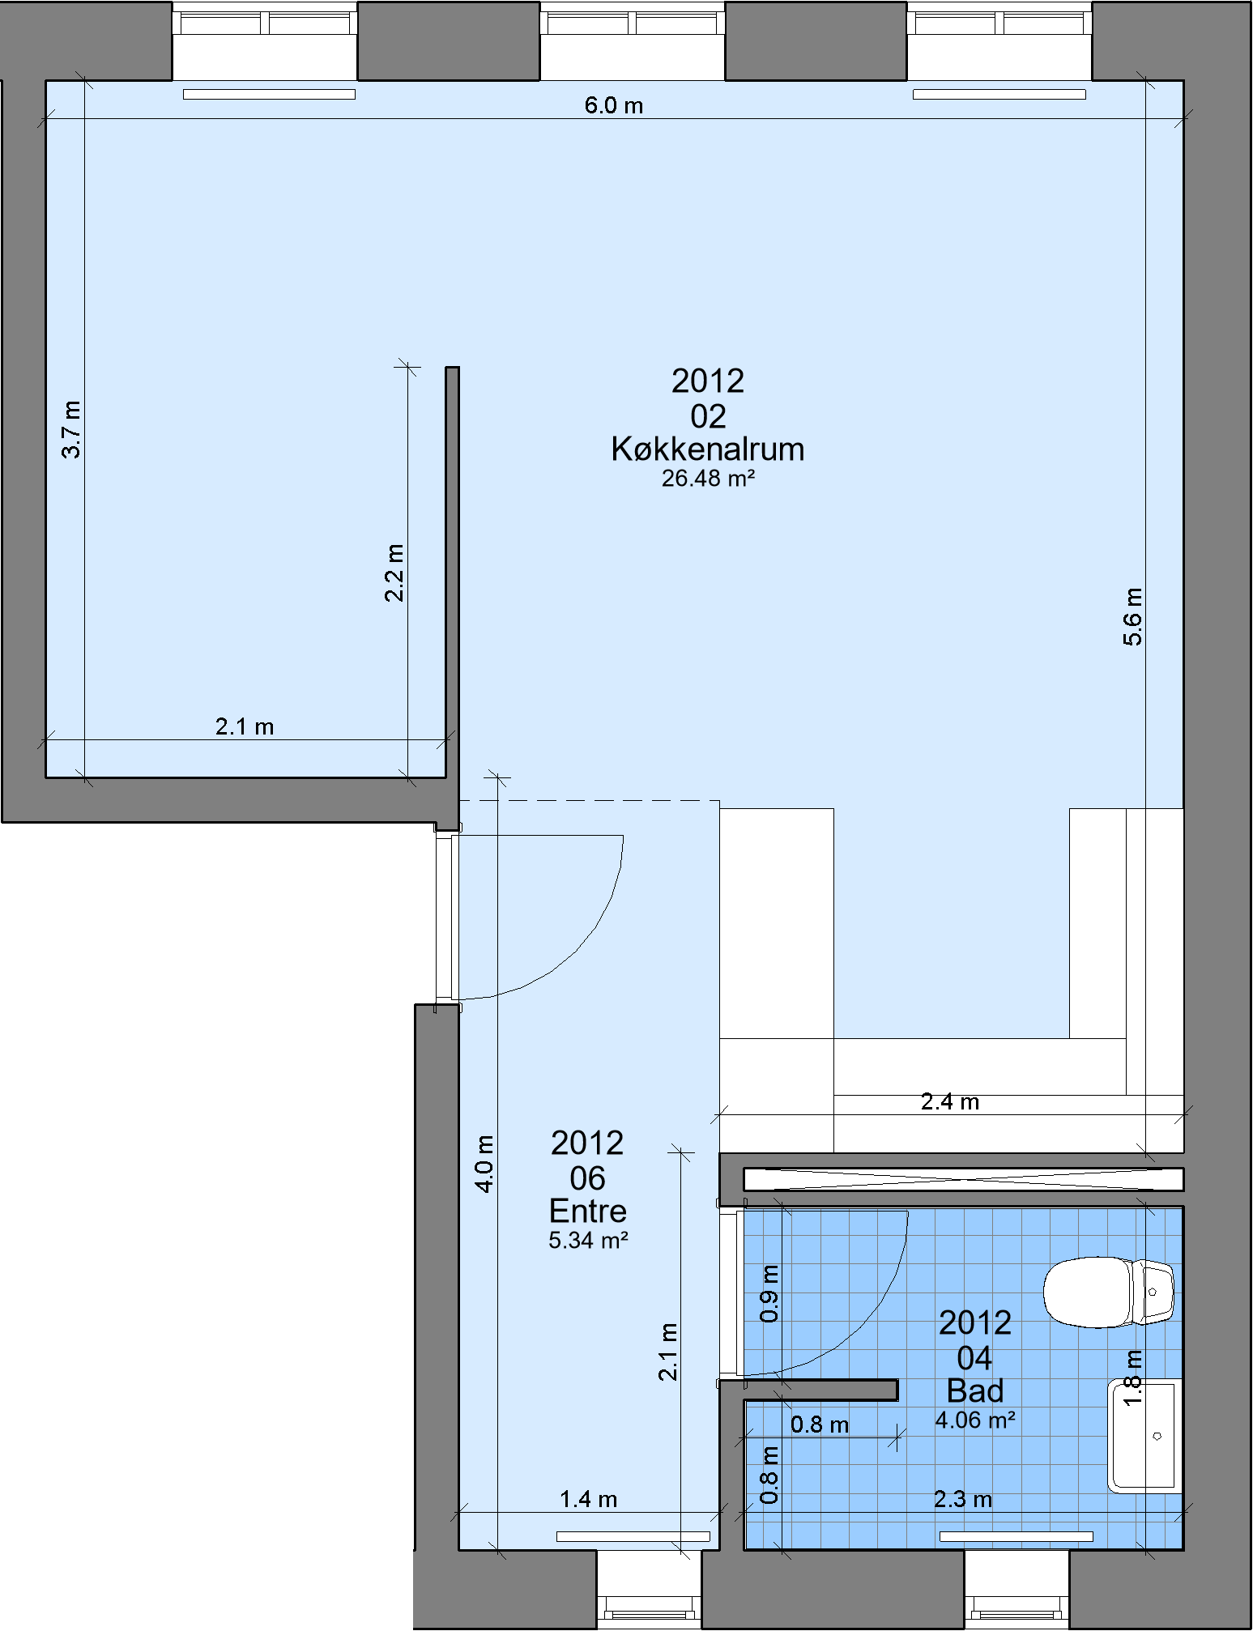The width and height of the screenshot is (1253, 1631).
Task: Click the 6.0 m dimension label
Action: [x=614, y=105]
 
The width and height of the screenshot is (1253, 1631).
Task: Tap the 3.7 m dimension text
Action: [x=71, y=429]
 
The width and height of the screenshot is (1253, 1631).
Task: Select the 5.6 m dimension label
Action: [x=1132, y=617]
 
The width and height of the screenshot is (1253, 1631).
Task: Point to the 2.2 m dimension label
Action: [x=394, y=573]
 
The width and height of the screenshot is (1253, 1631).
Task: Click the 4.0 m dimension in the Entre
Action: [x=484, y=1164]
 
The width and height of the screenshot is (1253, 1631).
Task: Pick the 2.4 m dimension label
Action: [x=950, y=1101]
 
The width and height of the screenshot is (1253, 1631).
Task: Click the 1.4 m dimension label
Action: [x=589, y=1499]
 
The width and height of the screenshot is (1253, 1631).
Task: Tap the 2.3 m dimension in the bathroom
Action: [x=963, y=1499]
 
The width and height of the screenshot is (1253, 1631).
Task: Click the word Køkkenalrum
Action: [x=708, y=449]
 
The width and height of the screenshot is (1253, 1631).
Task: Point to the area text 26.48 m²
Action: [x=709, y=479]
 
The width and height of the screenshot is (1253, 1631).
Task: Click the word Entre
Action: [x=588, y=1211]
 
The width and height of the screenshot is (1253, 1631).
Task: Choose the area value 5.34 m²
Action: [x=589, y=1240]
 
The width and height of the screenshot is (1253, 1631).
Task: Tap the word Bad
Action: [x=975, y=1390]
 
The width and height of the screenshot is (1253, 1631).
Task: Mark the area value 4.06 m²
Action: [x=975, y=1420]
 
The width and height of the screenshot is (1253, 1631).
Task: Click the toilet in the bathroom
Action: [x=1108, y=1292]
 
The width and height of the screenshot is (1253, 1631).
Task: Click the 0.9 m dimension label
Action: [x=769, y=1293]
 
